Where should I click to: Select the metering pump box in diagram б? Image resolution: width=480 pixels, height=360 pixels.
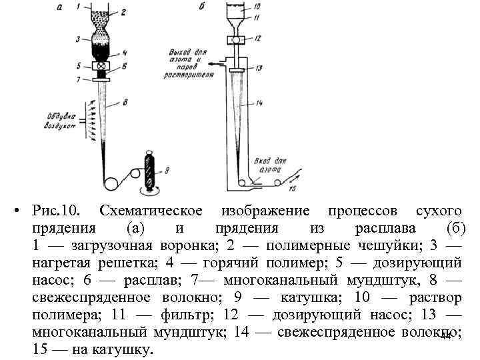pos(236,40)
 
